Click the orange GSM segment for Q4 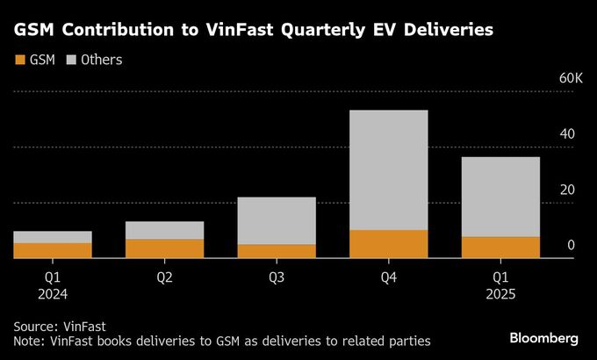(x=389, y=244)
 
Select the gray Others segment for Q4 (x=389, y=169)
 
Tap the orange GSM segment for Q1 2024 (x=53, y=250)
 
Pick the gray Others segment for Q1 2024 (x=53, y=237)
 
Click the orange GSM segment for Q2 (x=165, y=248)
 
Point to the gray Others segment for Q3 (x=277, y=220)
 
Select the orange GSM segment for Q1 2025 (x=500, y=248)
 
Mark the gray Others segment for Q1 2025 (x=500, y=197)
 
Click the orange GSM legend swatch (x=20, y=61)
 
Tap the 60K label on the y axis (x=571, y=79)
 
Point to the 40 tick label (x=569, y=134)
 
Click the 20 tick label (x=569, y=190)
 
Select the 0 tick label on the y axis (x=571, y=245)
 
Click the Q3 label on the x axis (x=277, y=277)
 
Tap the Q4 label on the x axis (x=389, y=277)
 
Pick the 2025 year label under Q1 (x=500, y=295)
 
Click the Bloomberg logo (x=544, y=338)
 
